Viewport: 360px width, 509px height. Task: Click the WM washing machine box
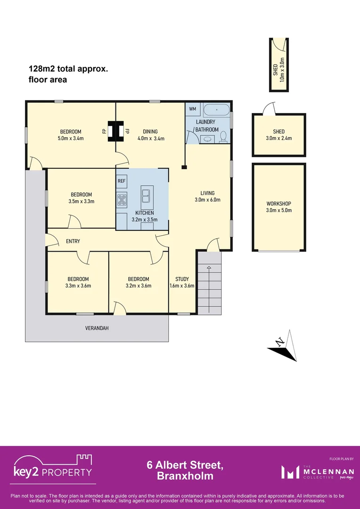(x=192, y=109)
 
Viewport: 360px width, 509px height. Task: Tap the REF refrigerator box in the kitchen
(x=122, y=181)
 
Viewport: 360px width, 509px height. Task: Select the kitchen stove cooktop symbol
(x=122, y=199)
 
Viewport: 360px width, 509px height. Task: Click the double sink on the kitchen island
(x=146, y=193)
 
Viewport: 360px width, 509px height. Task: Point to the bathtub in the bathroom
(x=216, y=109)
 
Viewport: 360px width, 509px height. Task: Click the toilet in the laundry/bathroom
(x=223, y=137)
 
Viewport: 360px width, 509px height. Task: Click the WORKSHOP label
(x=279, y=204)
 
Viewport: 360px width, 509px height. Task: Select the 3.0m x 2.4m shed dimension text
(x=279, y=138)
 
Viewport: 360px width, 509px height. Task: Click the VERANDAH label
(x=97, y=328)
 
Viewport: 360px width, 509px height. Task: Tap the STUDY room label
(x=182, y=279)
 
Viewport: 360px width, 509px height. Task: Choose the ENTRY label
(x=73, y=241)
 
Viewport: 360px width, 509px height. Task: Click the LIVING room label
(x=207, y=193)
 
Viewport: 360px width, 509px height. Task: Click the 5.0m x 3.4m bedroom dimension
(x=70, y=138)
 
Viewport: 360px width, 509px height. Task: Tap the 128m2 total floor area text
(x=69, y=74)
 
